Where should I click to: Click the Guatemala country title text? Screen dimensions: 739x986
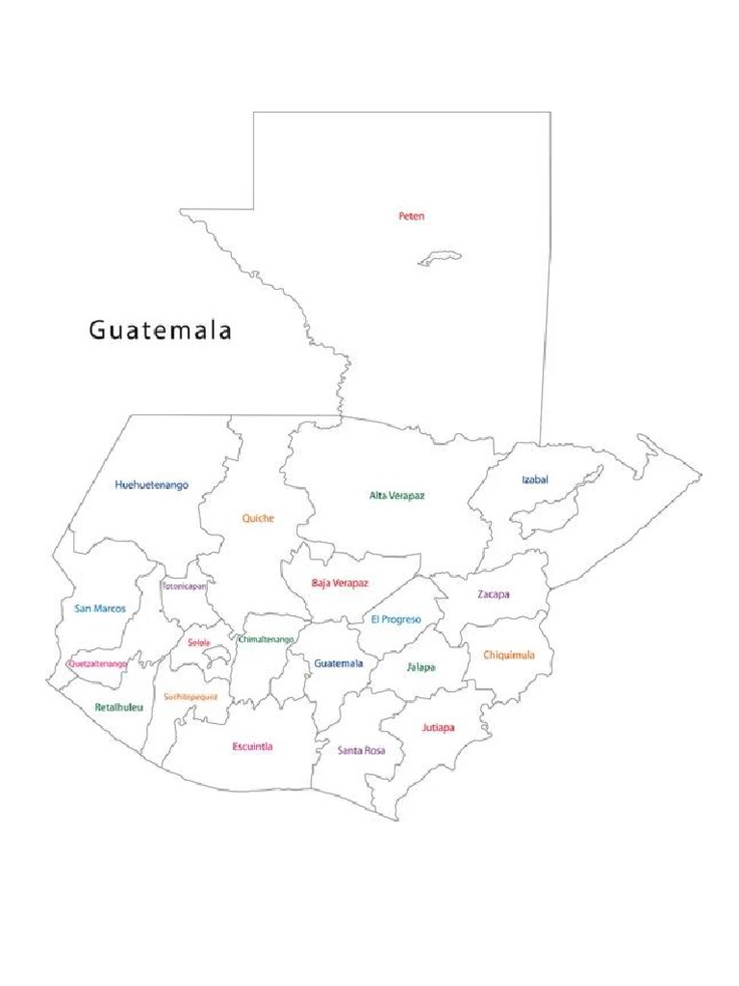[x=161, y=331]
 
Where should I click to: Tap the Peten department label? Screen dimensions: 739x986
[x=412, y=217]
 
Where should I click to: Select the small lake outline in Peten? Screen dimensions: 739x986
[x=439, y=258]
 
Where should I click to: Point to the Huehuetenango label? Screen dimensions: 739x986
[x=151, y=485]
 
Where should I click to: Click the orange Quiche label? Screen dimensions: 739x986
[x=258, y=519]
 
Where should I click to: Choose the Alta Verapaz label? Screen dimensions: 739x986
[x=396, y=496]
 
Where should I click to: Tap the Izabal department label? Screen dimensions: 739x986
[x=535, y=480]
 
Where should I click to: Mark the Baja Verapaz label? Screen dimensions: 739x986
[x=340, y=584]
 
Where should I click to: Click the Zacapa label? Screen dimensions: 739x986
[x=494, y=595]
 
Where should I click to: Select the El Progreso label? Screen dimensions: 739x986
[x=395, y=620]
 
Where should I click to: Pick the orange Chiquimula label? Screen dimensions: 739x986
[x=502, y=656]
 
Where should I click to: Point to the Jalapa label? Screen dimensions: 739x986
[x=420, y=667]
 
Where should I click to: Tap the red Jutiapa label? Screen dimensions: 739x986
[x=438, y=728]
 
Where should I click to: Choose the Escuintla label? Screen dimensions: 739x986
[x=252, y=747]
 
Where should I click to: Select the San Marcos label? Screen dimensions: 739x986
[x=100, y=609]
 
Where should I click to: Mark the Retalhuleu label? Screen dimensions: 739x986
[x=119, y=708]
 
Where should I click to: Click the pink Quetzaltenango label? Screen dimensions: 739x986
[x=97, y=664]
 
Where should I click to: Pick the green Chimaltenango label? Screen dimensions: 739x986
[x=267, y=639]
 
